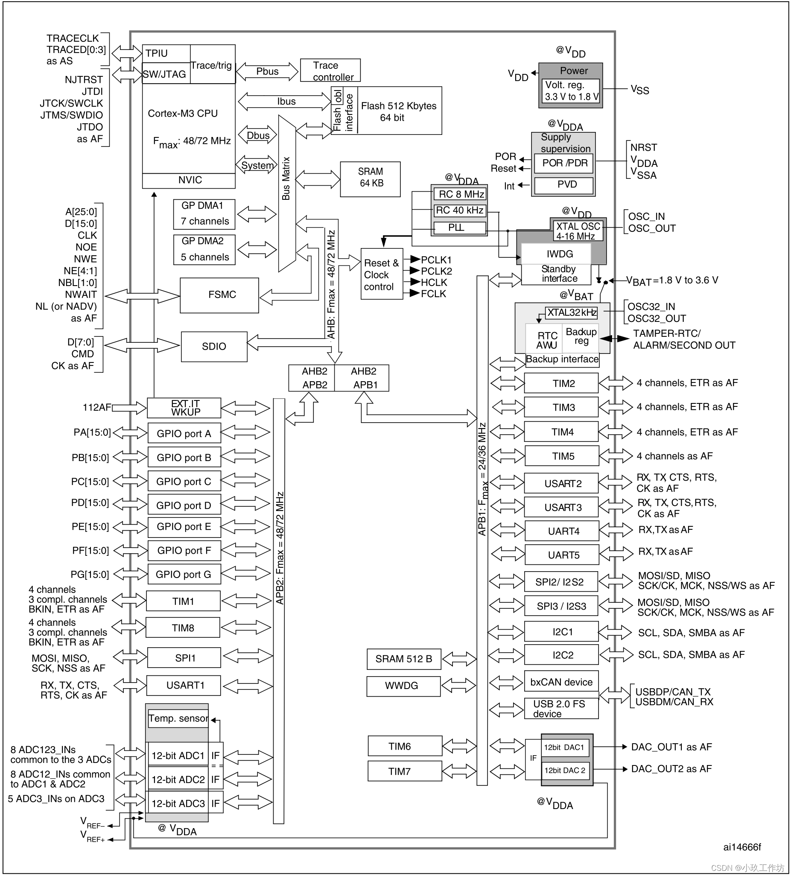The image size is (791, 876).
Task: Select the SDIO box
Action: pos(214,347)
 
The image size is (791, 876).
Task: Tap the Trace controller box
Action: pos(330,70)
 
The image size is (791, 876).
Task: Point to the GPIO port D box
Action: pos(184,505)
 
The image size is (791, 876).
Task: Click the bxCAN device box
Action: pos(561,682)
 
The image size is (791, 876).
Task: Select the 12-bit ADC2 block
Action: pos(178,780)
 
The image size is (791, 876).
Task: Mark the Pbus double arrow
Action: pos(267,71)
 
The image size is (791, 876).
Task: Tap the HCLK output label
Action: pos(434,283)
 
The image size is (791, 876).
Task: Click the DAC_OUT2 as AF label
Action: pos(671,769)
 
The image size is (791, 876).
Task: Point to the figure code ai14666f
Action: pos(742,847)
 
